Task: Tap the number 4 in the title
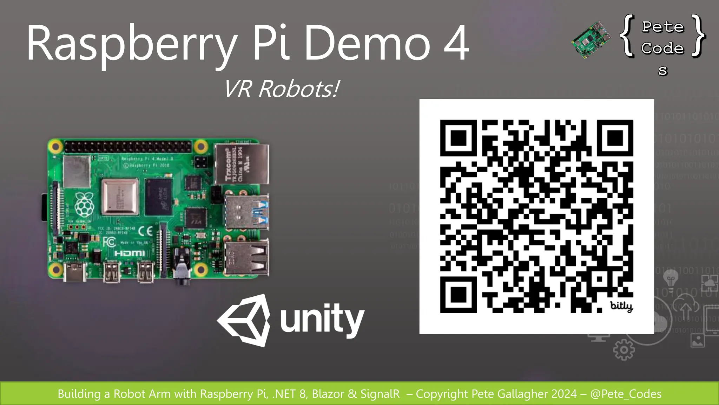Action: [456, 43]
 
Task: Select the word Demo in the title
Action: [367, 43]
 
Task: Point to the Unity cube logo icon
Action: [244, 320]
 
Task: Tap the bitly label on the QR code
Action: [621, 306]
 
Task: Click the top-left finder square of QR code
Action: [459, 138]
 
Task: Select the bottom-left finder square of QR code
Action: [459, 295]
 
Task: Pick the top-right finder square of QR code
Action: [615, 138]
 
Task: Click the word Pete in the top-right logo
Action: [663, 27]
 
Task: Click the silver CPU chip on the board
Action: [120, 197]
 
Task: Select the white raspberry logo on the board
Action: [84, 204]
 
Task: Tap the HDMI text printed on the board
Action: [130, 253]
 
